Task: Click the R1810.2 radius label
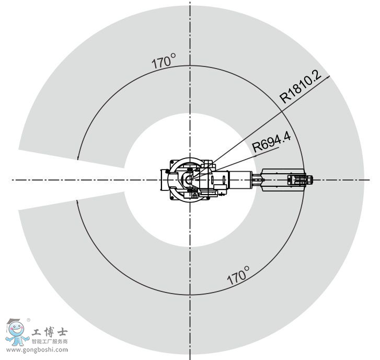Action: click(301, 86)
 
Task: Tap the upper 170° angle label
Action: click(164, 61)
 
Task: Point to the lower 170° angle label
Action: click(238, 275)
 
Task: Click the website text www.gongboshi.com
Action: click(37, 350)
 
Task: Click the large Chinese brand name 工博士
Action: click(50, 332)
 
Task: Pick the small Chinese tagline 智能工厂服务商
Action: click(50, 341)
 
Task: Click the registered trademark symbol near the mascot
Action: click(28, 320)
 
